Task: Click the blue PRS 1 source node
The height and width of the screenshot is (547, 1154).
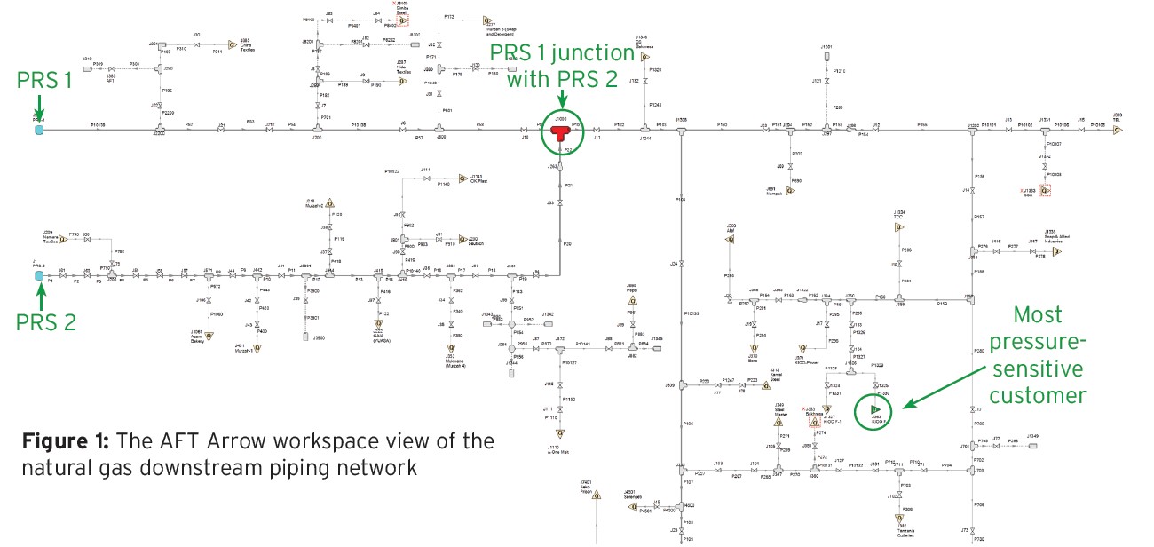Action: pyautogui.click(x=39, y=130)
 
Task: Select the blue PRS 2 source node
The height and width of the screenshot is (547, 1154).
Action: pyautogui.click(x=39, y=276)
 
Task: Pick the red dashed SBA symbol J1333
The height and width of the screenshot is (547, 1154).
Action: pyautogui.click(x=1046, y=190)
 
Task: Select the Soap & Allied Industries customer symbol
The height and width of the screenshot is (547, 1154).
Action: pyautogui.click(x=1056, y=251)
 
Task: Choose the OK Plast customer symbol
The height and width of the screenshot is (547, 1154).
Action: pyautogui.click(x=462, y=178)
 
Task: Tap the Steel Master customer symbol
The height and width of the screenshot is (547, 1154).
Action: pyautogui.click(x=778, y=422)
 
